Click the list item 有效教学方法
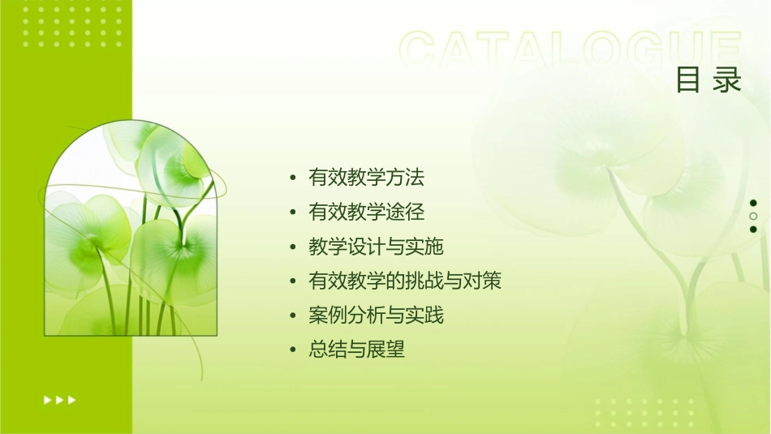367,177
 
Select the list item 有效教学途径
367,212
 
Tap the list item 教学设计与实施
376,247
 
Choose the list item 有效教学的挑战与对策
405,281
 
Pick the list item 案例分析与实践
376,316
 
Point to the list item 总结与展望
356,350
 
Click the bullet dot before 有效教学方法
293,178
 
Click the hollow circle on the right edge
753,216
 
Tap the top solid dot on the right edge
753,203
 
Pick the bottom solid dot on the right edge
753,229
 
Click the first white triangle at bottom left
47,399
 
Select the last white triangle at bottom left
72,399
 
